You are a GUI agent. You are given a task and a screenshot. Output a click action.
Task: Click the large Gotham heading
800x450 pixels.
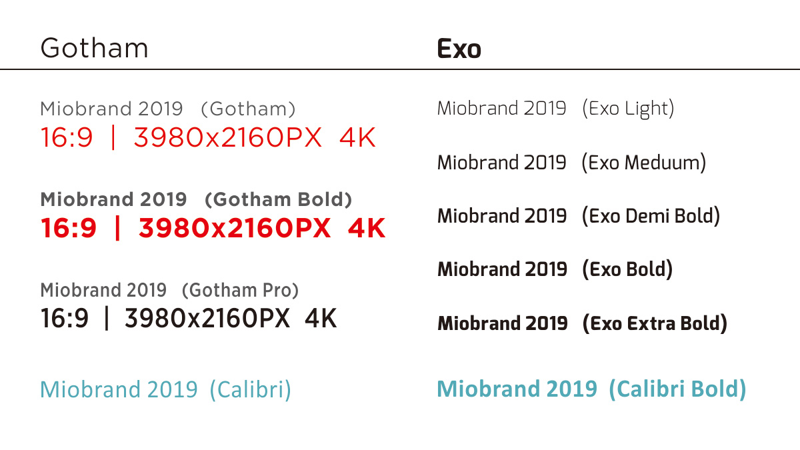tap(94, 48)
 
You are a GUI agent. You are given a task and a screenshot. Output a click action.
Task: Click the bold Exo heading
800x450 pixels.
tap(459, 49)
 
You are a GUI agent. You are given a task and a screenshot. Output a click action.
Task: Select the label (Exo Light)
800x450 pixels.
tap(628, 109)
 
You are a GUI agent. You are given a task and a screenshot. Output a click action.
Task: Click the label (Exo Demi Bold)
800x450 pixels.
tap(651, 216)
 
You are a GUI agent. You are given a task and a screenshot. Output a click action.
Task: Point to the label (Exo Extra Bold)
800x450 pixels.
tap(655, 323)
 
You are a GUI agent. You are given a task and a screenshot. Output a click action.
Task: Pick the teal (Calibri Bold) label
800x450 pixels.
tap(677, 389)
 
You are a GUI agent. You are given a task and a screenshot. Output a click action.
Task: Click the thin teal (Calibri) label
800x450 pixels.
tap(251, 389)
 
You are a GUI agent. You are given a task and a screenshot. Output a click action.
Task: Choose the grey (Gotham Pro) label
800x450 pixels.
tap(240, 291)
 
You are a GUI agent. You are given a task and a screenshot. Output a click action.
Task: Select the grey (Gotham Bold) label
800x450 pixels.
tap(279, 199)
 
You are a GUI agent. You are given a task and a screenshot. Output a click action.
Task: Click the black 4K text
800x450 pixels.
tap(321, 318)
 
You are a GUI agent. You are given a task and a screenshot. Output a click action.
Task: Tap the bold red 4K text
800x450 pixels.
tap(367, 228)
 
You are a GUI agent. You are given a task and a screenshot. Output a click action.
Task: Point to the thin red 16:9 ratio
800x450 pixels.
tap(67, 137)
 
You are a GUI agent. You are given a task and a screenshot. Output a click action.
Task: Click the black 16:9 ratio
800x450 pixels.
tap(65, 318)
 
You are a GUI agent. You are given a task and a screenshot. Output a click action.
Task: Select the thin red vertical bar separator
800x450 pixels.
tap(113, 137)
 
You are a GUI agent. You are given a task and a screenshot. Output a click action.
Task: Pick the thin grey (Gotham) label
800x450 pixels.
tap(248, 109)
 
